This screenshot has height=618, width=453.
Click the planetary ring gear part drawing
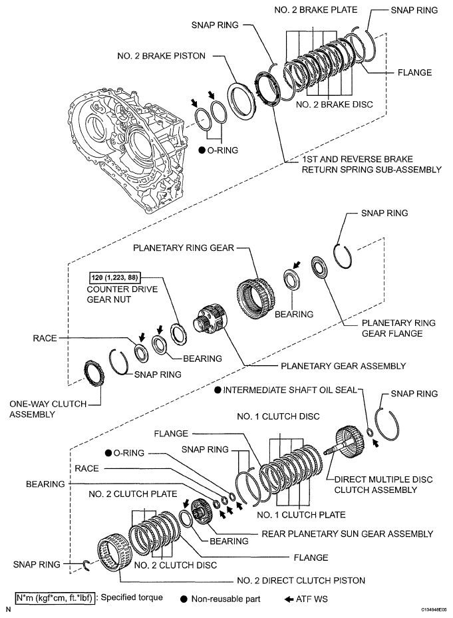click(255, 293)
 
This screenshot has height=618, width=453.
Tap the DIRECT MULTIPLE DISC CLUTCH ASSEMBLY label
click(376, 484)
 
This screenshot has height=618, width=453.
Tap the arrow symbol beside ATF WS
click(289, 598)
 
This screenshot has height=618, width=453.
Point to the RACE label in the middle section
click(45, 338)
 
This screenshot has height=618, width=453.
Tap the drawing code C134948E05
click(434, 609)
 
